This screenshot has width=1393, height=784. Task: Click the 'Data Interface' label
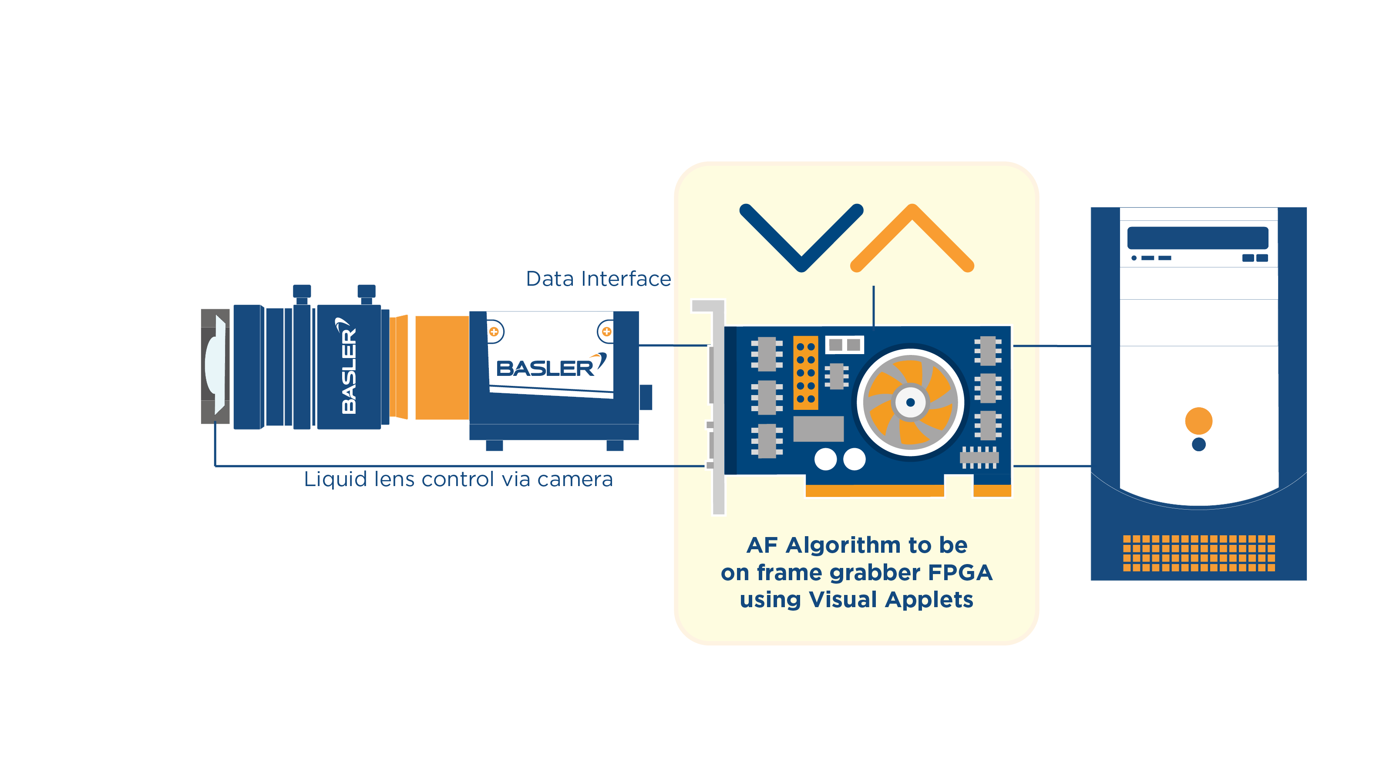tap(598, 279)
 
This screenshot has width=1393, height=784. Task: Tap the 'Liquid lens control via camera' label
tap(458, 480)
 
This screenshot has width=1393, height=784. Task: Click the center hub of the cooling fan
tap(910, 402)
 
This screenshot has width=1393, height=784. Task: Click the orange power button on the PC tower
tap(1198, 420)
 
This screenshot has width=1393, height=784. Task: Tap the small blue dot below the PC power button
tap(1198, 444)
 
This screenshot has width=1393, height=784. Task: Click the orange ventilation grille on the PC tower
tap(1198, 553)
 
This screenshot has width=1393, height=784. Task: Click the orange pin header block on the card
tap(805, 372)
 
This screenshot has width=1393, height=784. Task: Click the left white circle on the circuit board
tap(825, 459)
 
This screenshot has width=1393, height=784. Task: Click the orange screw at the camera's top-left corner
tap(494, 331)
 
